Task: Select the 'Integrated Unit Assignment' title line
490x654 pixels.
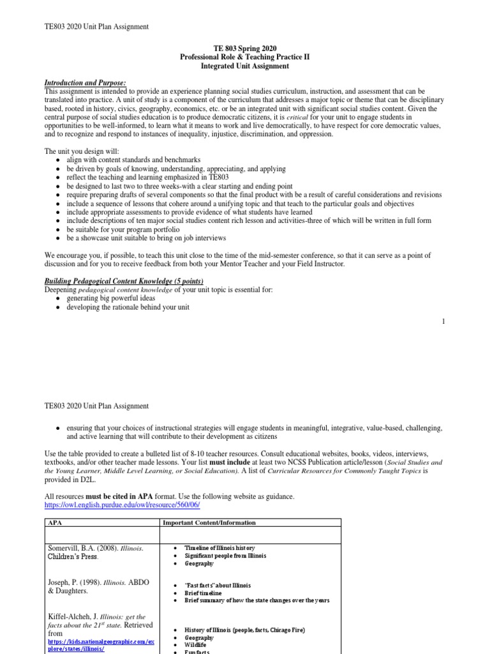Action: click(x=245, y=66)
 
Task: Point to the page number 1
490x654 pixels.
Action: click(x=443, y=321)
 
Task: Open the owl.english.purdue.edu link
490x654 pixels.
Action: click(x=122, y=505)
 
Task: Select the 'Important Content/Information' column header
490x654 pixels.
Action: click(x=209, y=522)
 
